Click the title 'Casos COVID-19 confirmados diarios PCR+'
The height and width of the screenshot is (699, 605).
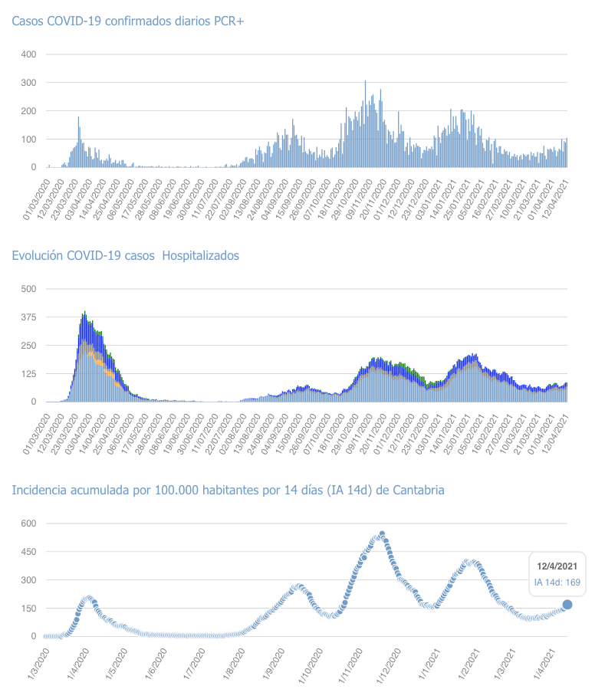[x=127, y=21]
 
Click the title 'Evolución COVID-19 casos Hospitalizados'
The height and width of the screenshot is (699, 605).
[x=125, y=255]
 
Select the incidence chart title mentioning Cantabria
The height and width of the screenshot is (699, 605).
[x=228, y=490]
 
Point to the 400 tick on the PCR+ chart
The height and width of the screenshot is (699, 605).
[x=28, y=54]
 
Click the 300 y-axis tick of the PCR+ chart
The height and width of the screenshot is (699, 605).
[x=28, y=83]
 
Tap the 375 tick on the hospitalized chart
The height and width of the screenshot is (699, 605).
[x=28, y=317]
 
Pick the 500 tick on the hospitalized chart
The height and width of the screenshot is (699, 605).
[x=28, y=289]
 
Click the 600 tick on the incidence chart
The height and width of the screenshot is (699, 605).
[x=28, y=523]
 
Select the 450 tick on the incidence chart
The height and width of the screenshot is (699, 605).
[x=28, y=552]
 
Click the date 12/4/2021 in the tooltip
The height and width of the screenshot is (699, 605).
[x=557, y=566]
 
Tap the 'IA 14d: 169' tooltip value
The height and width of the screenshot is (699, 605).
[x=557, y=582]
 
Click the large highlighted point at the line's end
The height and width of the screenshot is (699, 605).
[x=567, y=605]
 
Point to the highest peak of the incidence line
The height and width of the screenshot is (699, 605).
[x=382, y=533]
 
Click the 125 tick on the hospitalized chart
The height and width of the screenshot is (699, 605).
[x=28, y=373]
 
